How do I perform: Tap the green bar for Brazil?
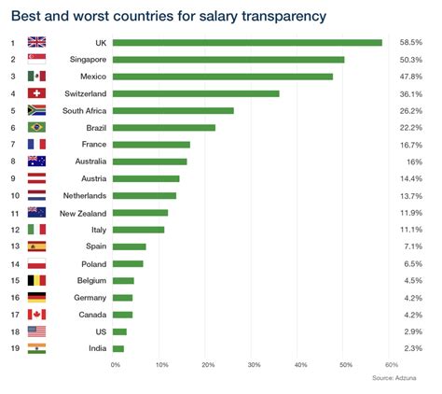(x=164, y=127)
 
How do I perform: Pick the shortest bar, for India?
(x=118, y=348)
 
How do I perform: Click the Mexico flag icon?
(x=37, y=77)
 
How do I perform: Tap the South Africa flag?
(x=37, y=110)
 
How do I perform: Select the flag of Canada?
(x=37, y=315)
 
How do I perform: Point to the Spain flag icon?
(x=37, y=246)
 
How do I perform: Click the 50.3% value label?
(x=410, y=60)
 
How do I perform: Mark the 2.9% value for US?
(x=412, y=331)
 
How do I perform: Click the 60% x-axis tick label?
(x=391, y=364)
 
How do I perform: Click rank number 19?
(x=13, y=348)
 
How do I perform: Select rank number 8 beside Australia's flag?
(x=13, y=162)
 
